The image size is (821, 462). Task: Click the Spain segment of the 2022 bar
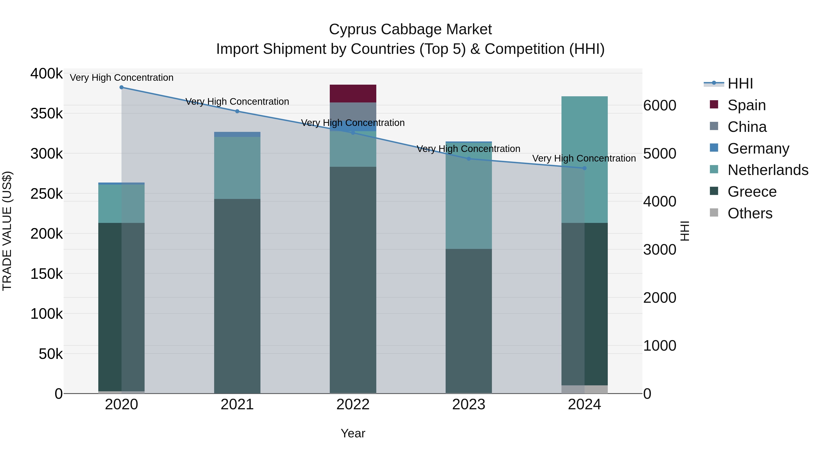[353, 93]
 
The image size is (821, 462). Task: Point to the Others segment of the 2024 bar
[585, 389]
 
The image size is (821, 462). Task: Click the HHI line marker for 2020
[121, 87]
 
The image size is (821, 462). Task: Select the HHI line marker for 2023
[468, 159]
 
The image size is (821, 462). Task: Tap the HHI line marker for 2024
[584, 168]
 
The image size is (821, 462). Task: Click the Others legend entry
[750, 213]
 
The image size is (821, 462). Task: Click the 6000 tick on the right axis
[659, 106]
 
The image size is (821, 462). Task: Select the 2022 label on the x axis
[353, 405]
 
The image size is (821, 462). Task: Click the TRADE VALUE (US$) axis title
[7, 231]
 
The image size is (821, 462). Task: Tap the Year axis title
[353, 433]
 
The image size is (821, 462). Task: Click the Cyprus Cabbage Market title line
[410, 29]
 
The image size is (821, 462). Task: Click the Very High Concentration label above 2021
[237, 102]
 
